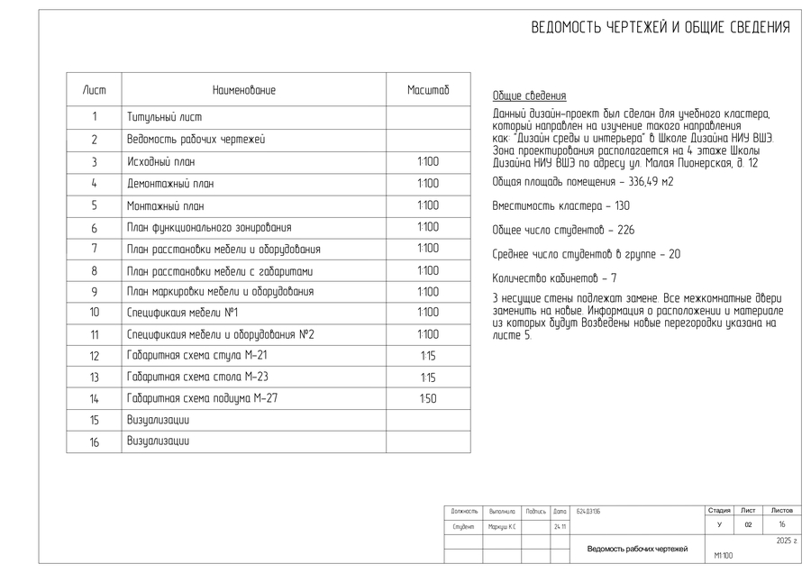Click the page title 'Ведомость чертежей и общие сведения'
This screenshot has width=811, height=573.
(660, 27)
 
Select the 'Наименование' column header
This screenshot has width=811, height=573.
(244, 90)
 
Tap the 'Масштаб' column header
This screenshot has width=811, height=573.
(427, 90)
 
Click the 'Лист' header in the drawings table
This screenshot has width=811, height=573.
(94, 90)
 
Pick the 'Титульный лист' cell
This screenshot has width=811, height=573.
(165, 117)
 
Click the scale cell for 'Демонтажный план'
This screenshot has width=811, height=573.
(427, 184)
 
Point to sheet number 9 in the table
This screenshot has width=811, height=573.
(94, 292)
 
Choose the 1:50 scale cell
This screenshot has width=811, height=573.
(427, 399)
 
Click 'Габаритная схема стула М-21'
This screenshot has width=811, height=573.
(197, 356)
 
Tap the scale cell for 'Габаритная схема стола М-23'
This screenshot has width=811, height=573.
(427, 377)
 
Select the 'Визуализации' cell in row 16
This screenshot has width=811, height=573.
(159, 441)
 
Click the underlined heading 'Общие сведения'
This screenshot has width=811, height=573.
(530, 95)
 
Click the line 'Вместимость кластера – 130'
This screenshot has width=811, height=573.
(548, 206)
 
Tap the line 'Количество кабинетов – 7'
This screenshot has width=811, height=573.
(554, 278)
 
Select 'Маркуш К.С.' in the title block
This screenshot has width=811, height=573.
(501, 526)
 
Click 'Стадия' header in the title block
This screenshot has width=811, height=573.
(719, 510)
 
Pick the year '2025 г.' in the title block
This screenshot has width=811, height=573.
(787, 541)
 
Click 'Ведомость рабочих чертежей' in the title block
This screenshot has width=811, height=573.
(637, 549)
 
